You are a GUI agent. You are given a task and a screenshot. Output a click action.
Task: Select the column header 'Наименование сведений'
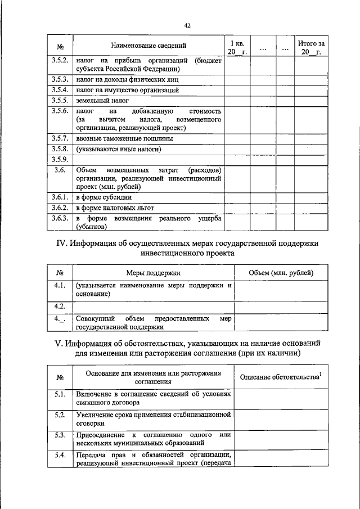point(148,45)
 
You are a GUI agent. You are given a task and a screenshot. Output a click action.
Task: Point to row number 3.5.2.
point(60,61)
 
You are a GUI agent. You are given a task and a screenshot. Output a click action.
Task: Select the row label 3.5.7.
point(60,138)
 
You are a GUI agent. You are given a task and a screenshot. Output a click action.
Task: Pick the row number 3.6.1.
point(60,197)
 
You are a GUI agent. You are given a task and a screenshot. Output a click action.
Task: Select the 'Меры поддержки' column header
point(153,273)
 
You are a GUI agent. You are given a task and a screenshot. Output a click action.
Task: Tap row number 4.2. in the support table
point(60,306)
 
